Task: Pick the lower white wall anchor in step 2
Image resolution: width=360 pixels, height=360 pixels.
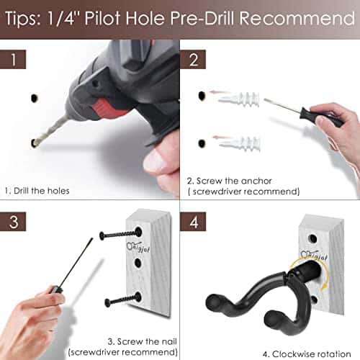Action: (238, 142)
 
